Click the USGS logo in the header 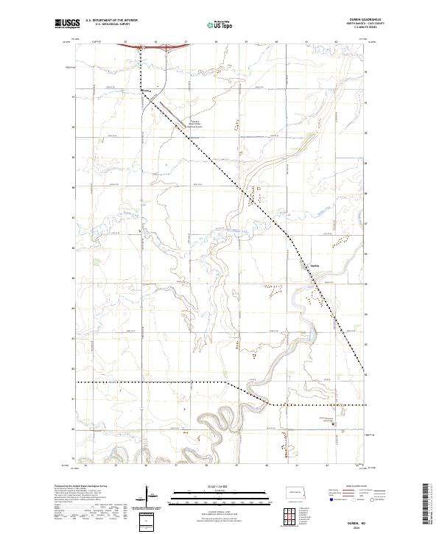tap(68, 24)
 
